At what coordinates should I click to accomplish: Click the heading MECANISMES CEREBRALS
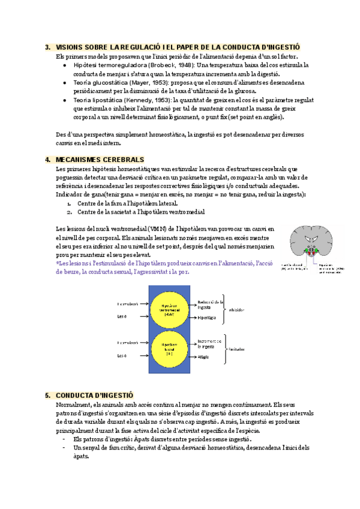click(x=100, y=160)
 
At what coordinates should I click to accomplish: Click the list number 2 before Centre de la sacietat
click(x=70, y=212)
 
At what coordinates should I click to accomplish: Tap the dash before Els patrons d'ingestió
click(x=64, y=439)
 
